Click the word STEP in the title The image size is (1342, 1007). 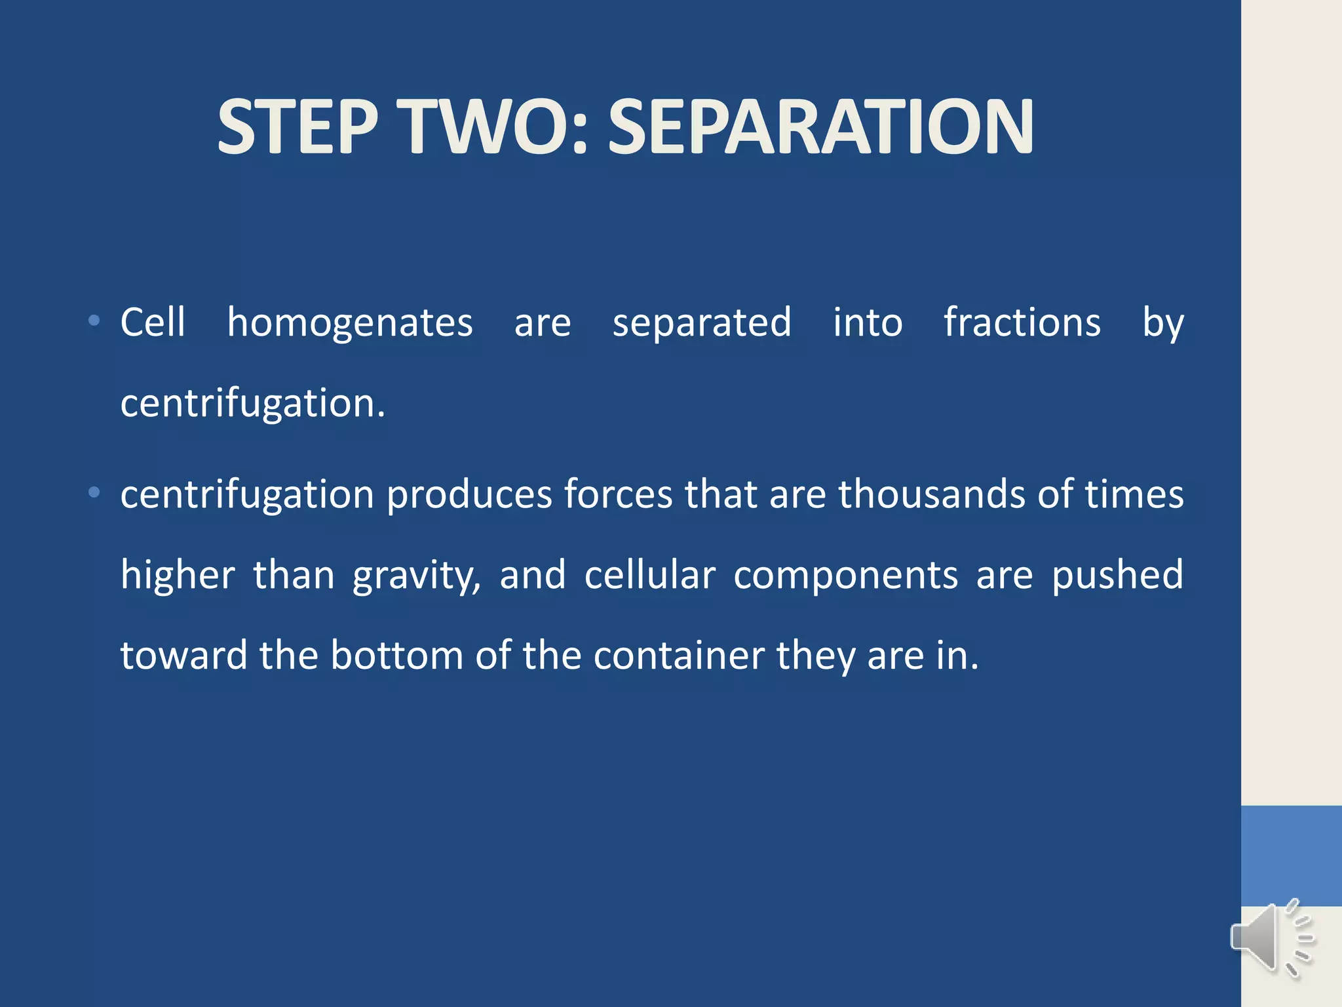pos(298,127)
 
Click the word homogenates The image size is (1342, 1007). pos(350,323)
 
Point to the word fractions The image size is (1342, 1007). pos(1022,323)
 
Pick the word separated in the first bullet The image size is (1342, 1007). pos(702,323)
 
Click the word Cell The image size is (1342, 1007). pos(153,323)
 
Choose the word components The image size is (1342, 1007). pos(845,576)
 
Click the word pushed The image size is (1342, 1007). pos(1117,576)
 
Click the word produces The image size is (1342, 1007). pos(469,496)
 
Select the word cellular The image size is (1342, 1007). pos(649,576)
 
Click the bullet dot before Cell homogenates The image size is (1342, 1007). pos(94,321)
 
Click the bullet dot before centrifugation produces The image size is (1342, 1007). pos(94,492)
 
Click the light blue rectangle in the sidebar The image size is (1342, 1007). pos(1291,856)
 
